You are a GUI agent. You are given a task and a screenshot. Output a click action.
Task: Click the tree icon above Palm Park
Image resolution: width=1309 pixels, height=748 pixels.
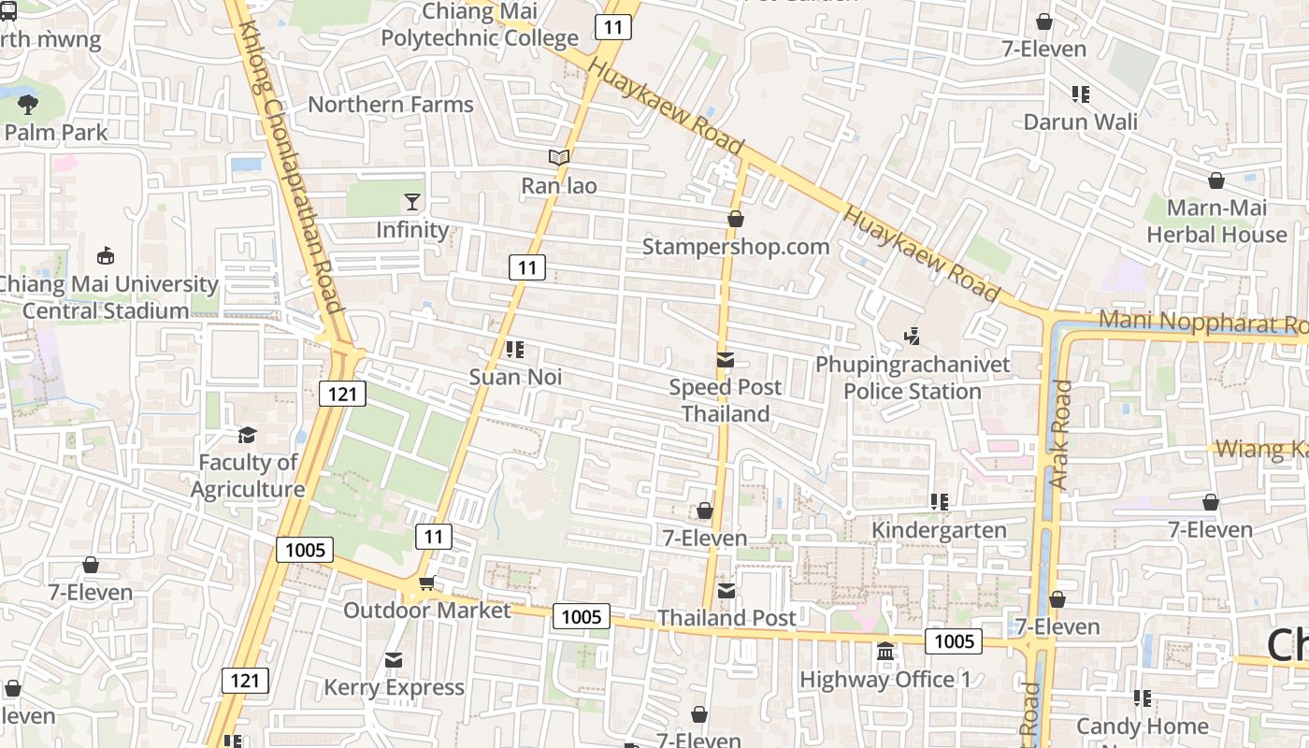click(28, 104)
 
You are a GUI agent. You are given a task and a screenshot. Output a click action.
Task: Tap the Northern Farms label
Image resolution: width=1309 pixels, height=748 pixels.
click(391, 105)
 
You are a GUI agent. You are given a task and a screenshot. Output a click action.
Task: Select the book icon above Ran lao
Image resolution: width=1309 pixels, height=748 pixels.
click(559, 158)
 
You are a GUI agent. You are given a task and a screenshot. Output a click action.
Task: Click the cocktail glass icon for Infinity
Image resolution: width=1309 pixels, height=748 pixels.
click(411, 201)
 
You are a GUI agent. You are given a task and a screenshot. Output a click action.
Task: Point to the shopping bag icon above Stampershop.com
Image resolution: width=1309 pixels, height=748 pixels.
click(736, 219)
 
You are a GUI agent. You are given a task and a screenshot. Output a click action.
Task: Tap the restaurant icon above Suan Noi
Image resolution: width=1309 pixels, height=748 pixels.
click(514, 350)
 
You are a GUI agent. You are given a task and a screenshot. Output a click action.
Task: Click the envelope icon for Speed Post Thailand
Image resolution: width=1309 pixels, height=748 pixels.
click(726, 360)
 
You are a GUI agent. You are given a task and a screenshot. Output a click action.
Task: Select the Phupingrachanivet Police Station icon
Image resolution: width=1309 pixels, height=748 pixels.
click(913, 336)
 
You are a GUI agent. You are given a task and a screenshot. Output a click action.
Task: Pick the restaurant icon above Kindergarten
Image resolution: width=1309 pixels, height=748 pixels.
click(940, 502)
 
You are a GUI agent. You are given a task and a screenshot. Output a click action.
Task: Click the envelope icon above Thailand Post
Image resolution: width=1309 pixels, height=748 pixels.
click(726, 590)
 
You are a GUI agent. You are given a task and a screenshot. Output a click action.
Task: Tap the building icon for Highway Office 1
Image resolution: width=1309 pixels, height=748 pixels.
click(885, 651)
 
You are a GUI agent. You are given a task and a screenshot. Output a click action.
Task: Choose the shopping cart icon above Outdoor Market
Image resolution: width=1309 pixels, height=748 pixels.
click(426, 583)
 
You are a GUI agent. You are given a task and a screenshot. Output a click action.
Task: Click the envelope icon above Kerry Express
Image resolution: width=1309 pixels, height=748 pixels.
click(394, 660)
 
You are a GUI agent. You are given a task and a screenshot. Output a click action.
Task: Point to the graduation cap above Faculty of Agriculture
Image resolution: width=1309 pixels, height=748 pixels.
click(247, 435)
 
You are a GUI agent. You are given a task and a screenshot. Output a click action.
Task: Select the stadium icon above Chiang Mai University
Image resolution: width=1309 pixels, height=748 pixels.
click(106, 255)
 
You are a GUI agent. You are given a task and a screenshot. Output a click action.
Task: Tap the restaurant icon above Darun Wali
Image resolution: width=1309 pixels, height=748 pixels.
click(1081, 93)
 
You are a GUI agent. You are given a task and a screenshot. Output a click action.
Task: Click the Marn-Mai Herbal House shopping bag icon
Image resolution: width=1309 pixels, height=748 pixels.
click(1216, 180)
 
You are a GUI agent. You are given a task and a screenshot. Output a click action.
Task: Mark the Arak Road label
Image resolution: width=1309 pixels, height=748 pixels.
click(1058, 435)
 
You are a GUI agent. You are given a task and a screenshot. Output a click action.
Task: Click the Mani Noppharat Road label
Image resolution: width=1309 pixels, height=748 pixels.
click(1202, 322)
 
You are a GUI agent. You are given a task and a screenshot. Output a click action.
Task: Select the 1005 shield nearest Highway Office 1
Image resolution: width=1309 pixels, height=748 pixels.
click(954, 640)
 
